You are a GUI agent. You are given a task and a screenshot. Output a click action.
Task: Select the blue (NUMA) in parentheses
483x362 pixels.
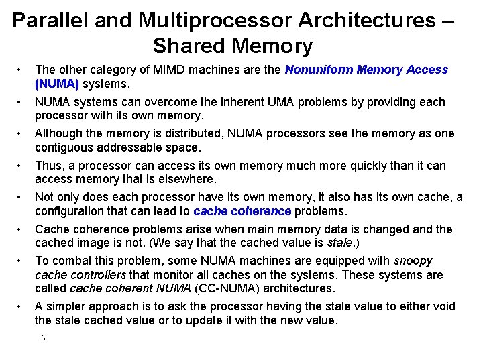pyautogui.click(x=57, y=84)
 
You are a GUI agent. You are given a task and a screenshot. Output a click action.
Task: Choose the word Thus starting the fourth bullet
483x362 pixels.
pyautogui.click(x=48, y=165)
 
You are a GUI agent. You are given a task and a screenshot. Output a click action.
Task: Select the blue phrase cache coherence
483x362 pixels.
pyautogui.click(x=241, y=211)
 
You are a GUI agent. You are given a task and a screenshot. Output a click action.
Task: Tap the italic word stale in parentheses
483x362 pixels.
pyautogui.click(x=338, y=243)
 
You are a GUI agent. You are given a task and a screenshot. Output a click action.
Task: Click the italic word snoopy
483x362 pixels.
pyautogui.click(x=413, y=261)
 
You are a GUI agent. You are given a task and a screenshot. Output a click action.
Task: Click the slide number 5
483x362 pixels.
pyautogui.click(x=43, y=338)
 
